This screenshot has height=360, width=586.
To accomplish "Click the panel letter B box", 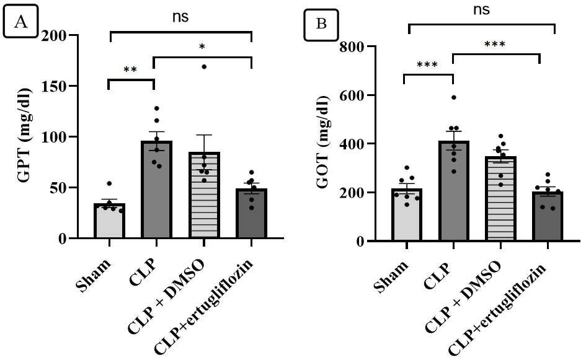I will point(321,24).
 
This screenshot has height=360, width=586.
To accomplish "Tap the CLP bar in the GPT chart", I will point(157,189).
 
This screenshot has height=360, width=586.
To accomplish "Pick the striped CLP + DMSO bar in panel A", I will point(204,195).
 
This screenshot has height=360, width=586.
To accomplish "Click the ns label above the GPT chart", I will point(180,17).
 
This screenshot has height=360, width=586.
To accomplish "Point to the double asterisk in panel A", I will point(130,69).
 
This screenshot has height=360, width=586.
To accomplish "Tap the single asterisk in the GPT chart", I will point(202,47).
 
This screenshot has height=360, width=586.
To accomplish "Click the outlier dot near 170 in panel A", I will point(204,66).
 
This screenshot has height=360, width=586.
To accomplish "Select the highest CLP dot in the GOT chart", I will point(454,97).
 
